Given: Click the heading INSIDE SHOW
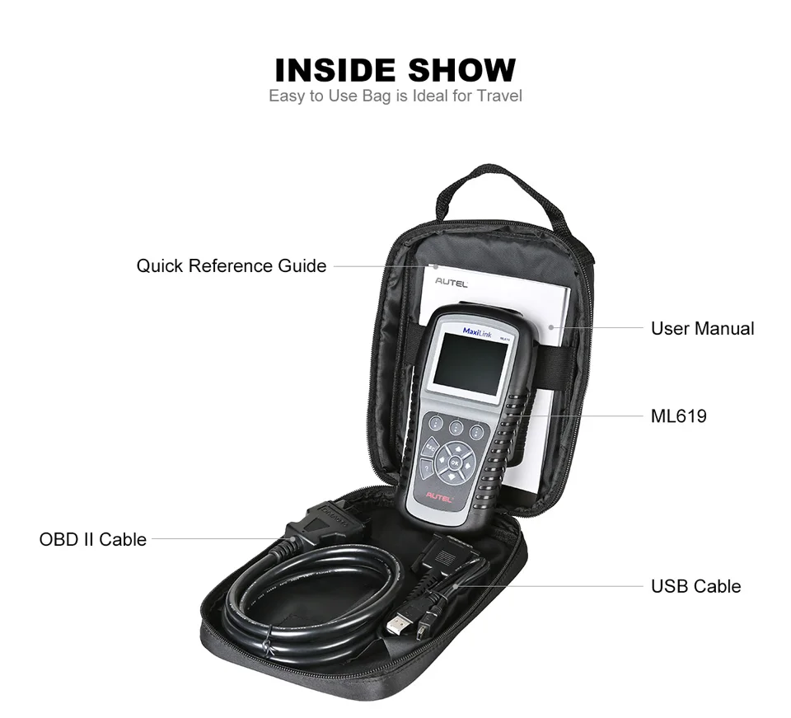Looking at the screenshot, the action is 395,70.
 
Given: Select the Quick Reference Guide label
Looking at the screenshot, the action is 232,266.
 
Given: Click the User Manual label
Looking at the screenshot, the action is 702,329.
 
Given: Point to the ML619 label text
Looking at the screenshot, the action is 678,416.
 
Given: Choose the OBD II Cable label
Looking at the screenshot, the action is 93,540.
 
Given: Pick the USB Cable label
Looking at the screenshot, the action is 695,587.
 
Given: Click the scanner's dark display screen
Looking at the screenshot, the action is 470,365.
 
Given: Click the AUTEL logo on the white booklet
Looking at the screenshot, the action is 451,284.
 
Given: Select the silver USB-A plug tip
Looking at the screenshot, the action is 397,626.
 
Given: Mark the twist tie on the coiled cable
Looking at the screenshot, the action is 266,644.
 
